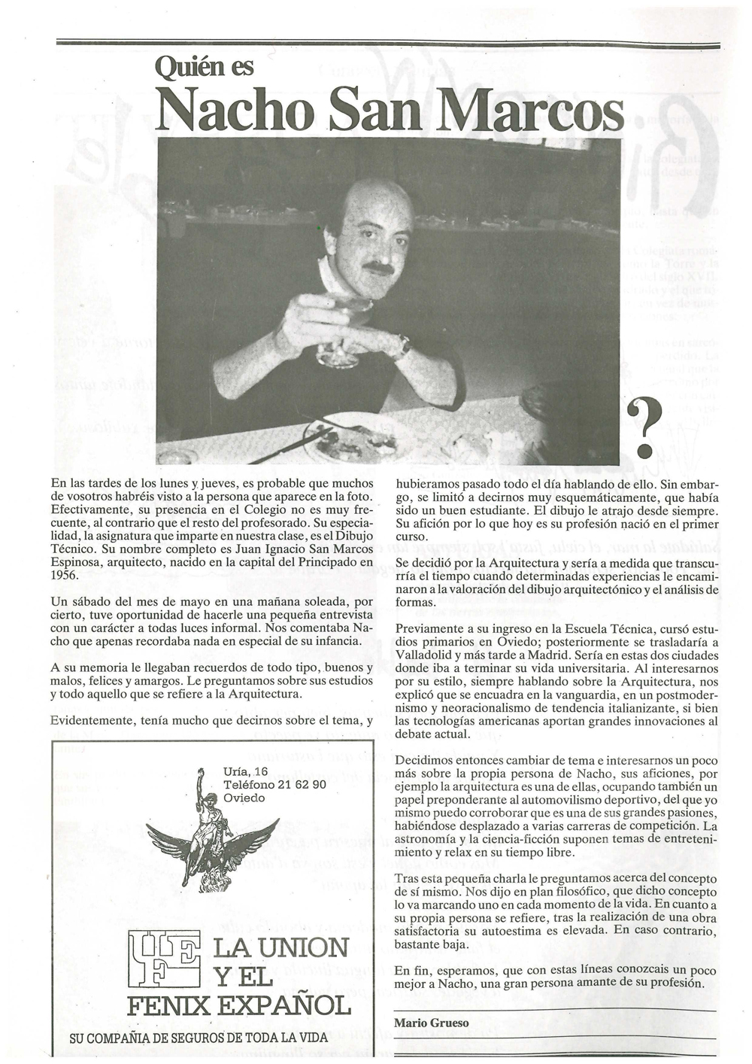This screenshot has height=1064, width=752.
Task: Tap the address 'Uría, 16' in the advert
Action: point(245,771)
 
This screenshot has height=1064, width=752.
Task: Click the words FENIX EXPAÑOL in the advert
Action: point(238,1005)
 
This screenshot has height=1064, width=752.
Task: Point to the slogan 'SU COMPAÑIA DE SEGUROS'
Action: point(198,1038)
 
